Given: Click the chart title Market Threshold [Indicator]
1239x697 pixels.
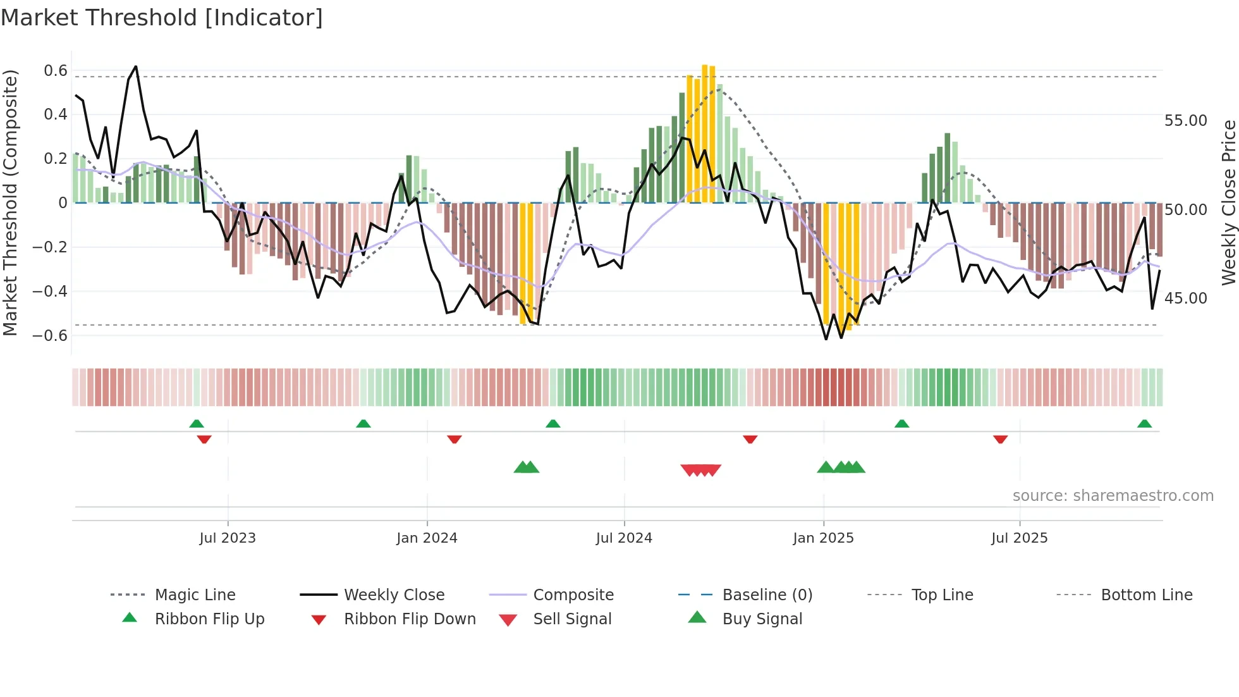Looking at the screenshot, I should [x=162, y=18].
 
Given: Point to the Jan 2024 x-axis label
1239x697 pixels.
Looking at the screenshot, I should [x=427, y=538].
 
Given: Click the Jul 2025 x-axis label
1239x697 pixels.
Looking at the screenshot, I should [x=1019, y=538].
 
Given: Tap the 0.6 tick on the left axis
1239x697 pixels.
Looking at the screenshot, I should [x=56, y=70].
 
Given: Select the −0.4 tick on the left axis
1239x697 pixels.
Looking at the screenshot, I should [x=50, y=291].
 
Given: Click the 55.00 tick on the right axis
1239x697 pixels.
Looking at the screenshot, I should [x=1185, y=120].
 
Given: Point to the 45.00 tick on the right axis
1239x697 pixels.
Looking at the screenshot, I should [x=1185, y=298].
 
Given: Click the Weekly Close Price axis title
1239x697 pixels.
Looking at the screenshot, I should [x=1228, y=202].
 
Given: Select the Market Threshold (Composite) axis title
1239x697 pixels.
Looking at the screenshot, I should [x=10, y=202].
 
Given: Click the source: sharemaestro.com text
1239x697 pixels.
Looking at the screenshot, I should [x=1113, y=495].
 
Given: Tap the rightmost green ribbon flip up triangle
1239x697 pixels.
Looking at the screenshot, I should [x=1144, y=424].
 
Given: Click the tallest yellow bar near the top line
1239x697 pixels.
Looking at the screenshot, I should [x=705, y=133].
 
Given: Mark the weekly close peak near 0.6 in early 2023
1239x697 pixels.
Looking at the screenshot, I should [x=135, y=66].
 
